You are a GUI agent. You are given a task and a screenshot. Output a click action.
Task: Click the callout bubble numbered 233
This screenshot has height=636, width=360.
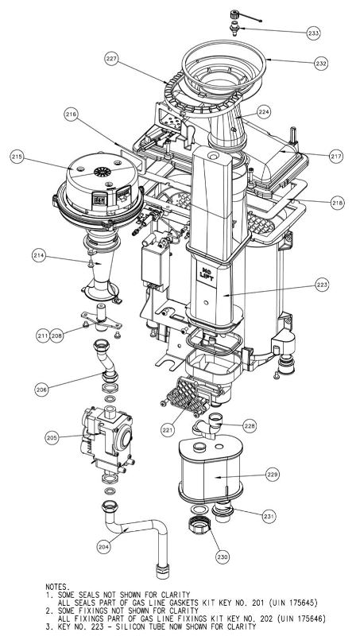point(313,33)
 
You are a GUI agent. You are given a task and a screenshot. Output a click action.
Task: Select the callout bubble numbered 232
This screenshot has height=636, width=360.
point(320,63)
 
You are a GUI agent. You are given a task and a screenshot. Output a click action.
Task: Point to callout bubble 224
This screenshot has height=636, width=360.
point(264,113)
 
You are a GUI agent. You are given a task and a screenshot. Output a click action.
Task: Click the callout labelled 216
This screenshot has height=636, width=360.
point(72,115)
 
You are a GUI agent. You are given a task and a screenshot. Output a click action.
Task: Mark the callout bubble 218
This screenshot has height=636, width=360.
point(337,204)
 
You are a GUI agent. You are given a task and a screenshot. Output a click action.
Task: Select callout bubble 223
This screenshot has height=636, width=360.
point(321,284)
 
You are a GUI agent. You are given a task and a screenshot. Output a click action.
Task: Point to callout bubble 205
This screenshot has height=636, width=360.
point(52,438)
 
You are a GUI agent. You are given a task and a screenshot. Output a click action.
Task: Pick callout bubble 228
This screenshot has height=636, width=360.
point(250,427)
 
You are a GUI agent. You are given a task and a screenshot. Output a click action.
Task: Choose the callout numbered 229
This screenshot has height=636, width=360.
point(272,475)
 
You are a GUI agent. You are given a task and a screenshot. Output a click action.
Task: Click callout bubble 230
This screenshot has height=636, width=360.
point(222,557)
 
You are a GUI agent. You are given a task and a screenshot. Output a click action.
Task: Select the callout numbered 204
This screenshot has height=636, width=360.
point(103,547)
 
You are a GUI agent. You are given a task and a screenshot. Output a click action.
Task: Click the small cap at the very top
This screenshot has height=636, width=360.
point(235,16)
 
